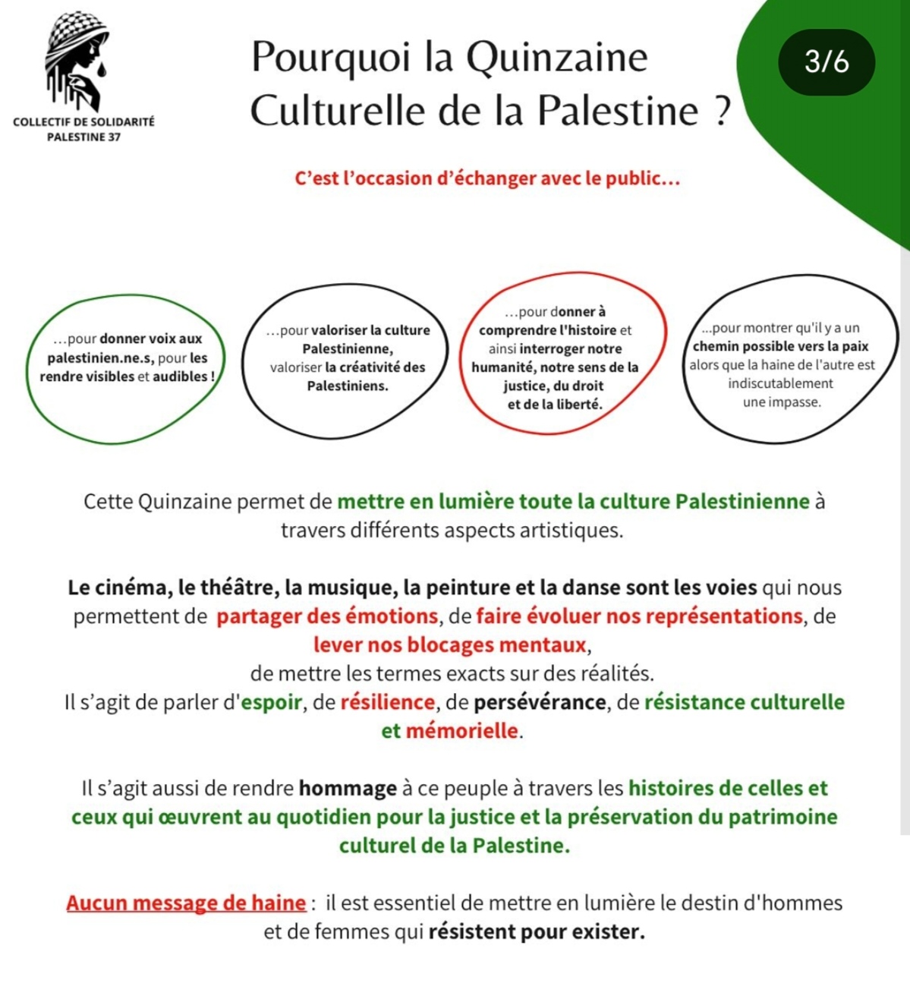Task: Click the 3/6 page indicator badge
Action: coord(827,62)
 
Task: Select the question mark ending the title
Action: coord(722,112)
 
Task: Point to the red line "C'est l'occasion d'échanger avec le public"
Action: coord(486,179)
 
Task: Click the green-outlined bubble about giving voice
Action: coord(126,367)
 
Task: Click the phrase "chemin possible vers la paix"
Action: coord(780,347)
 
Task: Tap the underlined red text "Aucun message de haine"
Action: coord(186,903)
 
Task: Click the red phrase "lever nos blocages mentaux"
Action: coord(450,645)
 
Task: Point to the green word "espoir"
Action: coord(272,702)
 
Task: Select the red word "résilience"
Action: coord(387,702)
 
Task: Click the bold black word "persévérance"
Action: coord(540,702)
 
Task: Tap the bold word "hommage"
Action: coord(348,789)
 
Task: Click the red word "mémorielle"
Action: coord(462,731)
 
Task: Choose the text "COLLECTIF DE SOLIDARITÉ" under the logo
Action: coord(83,121)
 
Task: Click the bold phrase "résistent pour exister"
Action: coord(537,931)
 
